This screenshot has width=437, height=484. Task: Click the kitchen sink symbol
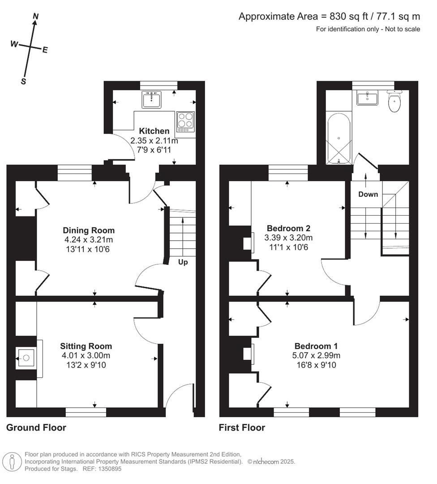[151, 99]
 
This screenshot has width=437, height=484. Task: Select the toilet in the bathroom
[394, 102]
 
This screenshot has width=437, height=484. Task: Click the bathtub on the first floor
[338, 139]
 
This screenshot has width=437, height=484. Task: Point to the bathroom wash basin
[367, 98]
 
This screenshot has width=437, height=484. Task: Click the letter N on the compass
[36, 17]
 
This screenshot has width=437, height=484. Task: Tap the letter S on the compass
[23, 81]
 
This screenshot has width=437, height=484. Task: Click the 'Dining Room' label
[89, 230]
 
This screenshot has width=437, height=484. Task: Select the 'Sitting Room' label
[86, 346]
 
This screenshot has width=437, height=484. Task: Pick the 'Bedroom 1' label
[316, 346]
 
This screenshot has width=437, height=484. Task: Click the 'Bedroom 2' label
[288, 228]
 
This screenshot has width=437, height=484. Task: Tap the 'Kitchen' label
[154, 131]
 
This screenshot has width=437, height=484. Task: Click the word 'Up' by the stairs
[183, 262]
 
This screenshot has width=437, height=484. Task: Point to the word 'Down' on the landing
[368, 194]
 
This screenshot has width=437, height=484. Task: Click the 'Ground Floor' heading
[36, 428]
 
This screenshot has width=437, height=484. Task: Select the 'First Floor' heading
[242, 428]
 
